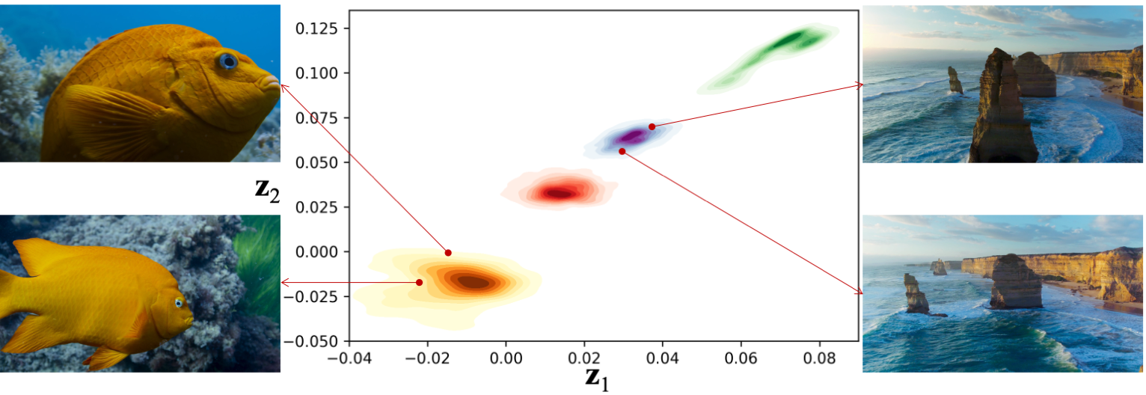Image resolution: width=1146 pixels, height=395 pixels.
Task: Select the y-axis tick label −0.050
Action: click(x=316, y=341)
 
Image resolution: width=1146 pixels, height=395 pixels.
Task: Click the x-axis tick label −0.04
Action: click(x=349, y=358)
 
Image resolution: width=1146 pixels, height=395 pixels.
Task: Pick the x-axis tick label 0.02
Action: click(x=584, y=358)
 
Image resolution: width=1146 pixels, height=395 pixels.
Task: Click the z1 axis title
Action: click(x=598, y=379)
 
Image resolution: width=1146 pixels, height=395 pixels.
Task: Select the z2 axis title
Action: click(x=267, y=190)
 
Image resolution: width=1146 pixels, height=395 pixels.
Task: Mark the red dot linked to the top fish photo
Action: click(x=448, y=252)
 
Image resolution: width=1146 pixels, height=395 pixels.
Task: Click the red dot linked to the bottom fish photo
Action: click(x=419, y=282)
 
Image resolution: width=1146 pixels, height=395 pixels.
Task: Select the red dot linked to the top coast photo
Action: click(x=652, y=126)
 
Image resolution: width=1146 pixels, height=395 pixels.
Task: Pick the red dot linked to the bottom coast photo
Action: click(x=622, y=151)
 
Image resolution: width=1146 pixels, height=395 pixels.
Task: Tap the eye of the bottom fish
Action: click(x=180, y=302)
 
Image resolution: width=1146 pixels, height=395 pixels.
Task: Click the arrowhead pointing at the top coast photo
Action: click(x=860, y=87)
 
